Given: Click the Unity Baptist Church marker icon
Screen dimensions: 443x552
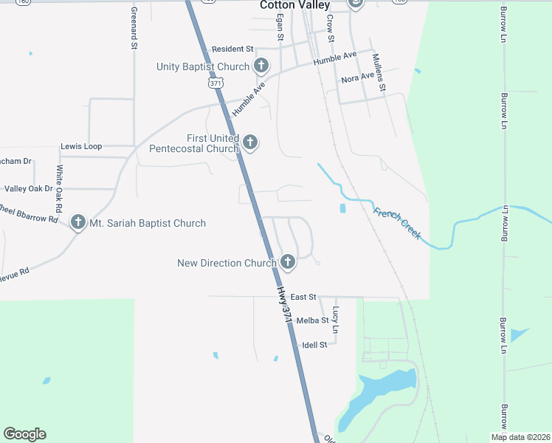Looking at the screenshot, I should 261,66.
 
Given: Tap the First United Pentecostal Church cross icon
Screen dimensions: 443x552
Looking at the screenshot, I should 250,142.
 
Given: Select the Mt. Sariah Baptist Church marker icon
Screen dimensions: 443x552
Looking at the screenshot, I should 78,222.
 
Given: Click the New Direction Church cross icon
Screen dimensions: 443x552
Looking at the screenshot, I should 288,262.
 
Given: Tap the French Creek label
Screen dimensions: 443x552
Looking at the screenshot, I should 397,223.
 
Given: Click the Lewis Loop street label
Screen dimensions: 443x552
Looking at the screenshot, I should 81,146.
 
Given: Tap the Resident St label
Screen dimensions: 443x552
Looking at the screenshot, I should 232,49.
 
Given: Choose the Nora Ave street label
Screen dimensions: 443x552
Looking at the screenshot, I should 358,78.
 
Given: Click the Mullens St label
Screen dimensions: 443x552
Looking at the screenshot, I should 379,72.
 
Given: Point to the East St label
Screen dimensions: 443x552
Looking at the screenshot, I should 303,297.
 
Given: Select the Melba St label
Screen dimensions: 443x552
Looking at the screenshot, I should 312,321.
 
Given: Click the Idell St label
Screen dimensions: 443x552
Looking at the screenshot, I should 314,345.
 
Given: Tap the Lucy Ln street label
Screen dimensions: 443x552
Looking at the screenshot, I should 336,318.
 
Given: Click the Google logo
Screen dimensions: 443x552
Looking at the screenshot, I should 24,434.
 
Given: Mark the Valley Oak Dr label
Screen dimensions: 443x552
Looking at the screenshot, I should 29,189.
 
